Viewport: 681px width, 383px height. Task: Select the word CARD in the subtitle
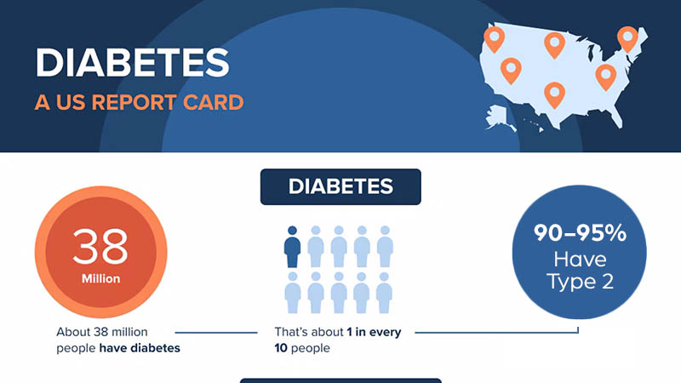click(x=216, y=103)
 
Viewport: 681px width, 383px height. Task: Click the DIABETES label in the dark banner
click(x=340, y=187)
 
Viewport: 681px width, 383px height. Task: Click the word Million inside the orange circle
click(x=100, y=278)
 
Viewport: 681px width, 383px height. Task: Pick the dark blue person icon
click(x=293, y=247)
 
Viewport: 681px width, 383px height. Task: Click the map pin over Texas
click(x=554, y=93)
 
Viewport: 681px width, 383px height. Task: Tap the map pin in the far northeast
click(x=627, y=37)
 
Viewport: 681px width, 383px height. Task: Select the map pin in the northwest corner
click(x=493, y=37)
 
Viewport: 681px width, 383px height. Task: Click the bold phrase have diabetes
click(x=140, y=348)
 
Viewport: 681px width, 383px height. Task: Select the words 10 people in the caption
click(x=302, y=348)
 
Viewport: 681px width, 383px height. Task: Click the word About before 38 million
click(x=73, y=332)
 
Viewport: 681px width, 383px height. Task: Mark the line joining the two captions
click(x=216, y=332)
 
